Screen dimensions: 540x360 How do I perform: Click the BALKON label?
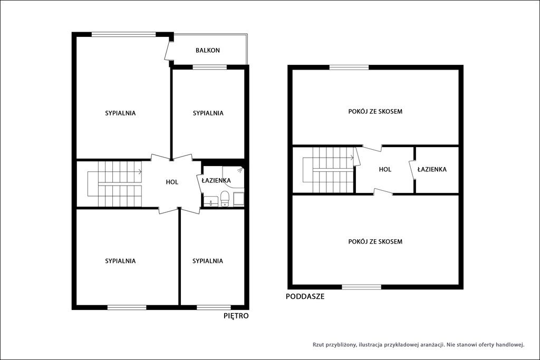[x=208, y=50]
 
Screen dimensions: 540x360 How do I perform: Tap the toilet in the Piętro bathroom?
[x=225, y=199]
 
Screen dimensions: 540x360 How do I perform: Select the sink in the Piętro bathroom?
[x=210, y=202]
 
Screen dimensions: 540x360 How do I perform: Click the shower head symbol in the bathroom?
[x=240, y=170]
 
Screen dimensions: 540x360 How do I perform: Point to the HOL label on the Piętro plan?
[x=172, y=182]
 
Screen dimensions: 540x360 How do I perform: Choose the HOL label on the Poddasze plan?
[x=385, y=169]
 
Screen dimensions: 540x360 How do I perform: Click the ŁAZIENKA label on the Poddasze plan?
[x=432, y=169]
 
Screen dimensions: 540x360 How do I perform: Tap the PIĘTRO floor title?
[x=236, y=316]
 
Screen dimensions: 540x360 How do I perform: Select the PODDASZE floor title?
[x=305, y=296]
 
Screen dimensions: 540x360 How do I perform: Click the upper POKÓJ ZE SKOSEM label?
[x=375, y=112]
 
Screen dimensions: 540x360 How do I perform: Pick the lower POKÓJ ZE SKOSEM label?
[x=375, y=241]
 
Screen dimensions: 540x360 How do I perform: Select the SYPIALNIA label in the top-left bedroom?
[x=120, y=113]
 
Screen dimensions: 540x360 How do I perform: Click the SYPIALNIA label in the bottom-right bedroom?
[x=208, y=261]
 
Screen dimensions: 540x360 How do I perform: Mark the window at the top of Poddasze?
[x=349, y=67]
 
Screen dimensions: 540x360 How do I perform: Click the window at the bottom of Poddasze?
[x=362, y=287]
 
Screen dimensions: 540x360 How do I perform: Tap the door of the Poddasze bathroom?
[x=412, y=170]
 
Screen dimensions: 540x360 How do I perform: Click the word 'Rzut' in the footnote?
[x=318, y=345]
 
